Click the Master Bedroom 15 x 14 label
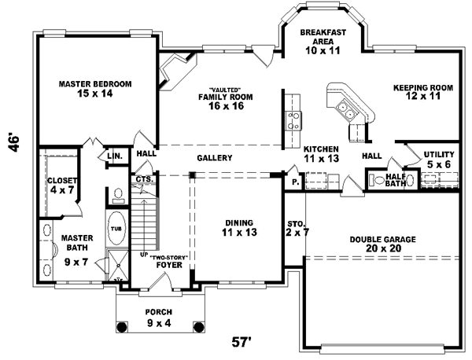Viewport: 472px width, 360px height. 95,89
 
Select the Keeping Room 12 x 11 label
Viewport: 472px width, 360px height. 423,93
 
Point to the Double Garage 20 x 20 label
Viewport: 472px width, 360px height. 383,244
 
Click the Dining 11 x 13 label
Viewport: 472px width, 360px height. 239,229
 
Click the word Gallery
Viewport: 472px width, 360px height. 214,158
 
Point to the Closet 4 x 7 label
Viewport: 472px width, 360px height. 61,186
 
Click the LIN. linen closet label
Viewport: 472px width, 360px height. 115,157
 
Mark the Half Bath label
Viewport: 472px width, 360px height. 395,180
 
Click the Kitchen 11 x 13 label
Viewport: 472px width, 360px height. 321,153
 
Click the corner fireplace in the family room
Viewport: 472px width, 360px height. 171,73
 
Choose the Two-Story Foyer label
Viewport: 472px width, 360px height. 168,261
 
